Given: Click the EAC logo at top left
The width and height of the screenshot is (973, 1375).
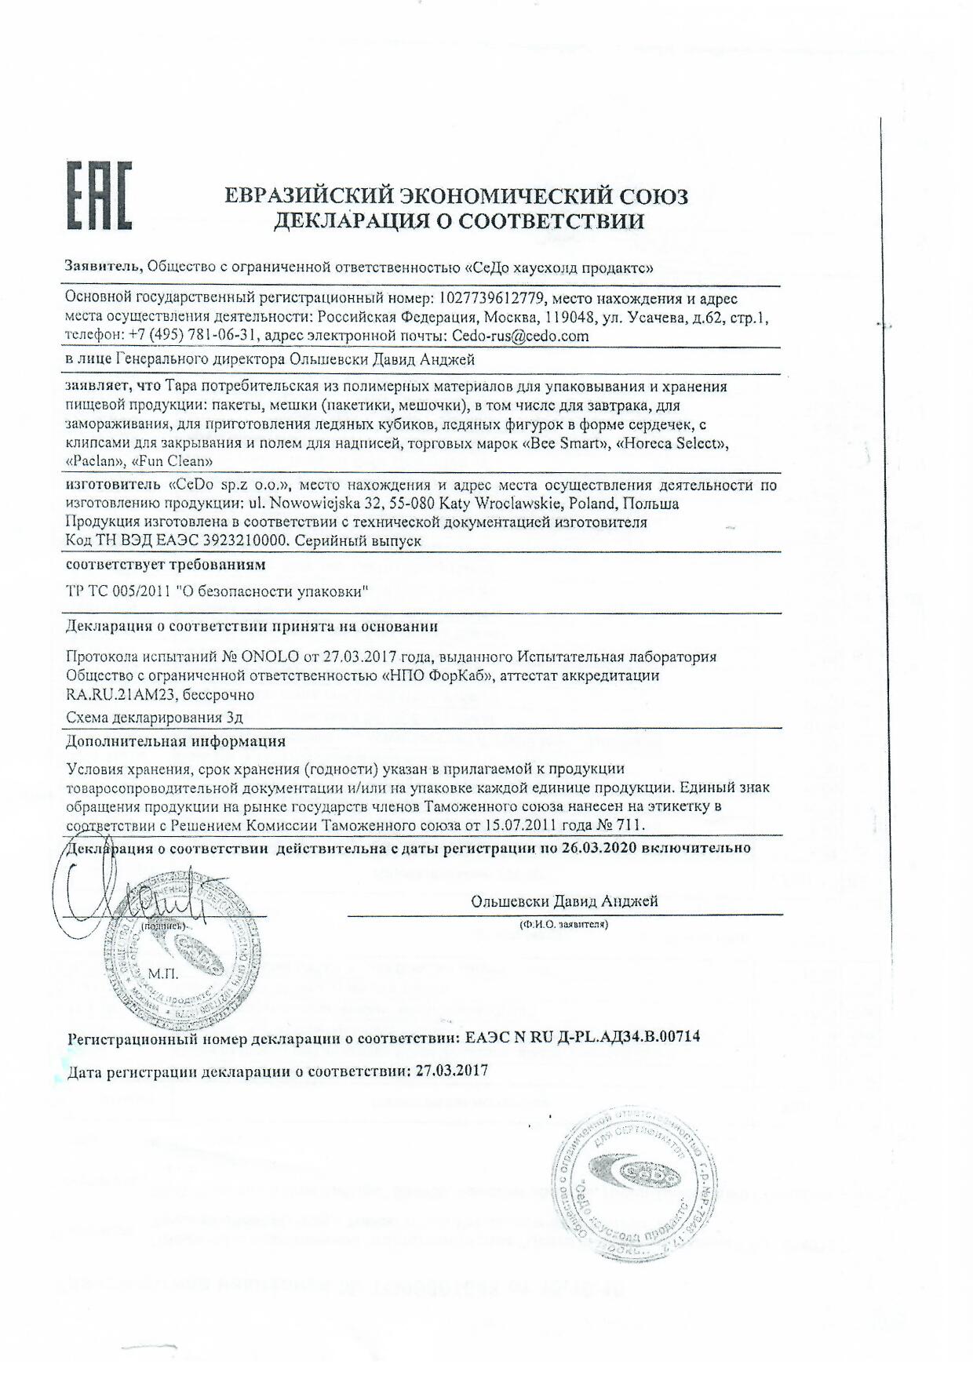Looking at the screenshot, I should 97,196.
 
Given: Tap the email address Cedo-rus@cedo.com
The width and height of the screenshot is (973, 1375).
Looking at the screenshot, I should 519,336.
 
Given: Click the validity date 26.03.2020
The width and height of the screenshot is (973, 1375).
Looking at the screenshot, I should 598,848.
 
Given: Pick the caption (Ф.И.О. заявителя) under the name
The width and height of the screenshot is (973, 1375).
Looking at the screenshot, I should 563,925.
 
